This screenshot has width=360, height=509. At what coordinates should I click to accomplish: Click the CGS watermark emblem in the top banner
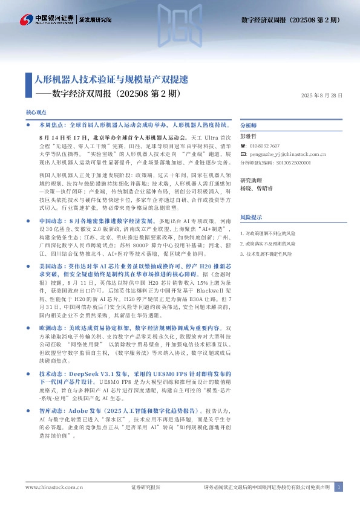pyautogui.click(x=179, y=19)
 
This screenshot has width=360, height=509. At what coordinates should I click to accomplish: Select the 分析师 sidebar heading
pyautogui.click(x=249, y=126)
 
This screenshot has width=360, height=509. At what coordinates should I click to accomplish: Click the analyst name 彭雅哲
pyautogui.click(x=249, y=137)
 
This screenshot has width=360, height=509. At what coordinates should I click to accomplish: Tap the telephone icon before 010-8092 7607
pyautogui.click(x=243, y=146)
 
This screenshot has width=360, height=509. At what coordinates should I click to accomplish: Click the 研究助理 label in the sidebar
pyautogui.click(x=251, y=181)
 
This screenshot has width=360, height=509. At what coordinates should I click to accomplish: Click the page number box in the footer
pyautogui.click(x=339, y=487)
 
